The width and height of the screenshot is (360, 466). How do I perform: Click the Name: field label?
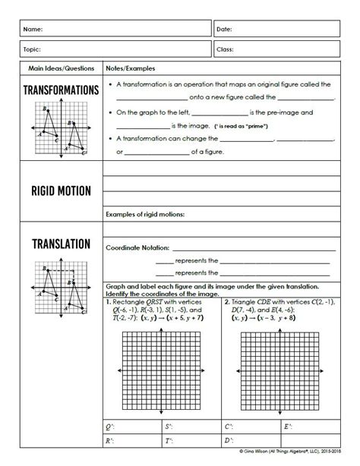click(x=32, y=29)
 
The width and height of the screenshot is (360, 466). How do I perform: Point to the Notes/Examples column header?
click(x=130, y=68)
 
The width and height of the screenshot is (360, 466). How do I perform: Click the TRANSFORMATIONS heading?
click(x=61, y=90)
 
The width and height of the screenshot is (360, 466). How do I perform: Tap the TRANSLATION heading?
click(x=61, y=244)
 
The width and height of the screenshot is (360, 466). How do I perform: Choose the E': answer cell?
click(x=308, y=427)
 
